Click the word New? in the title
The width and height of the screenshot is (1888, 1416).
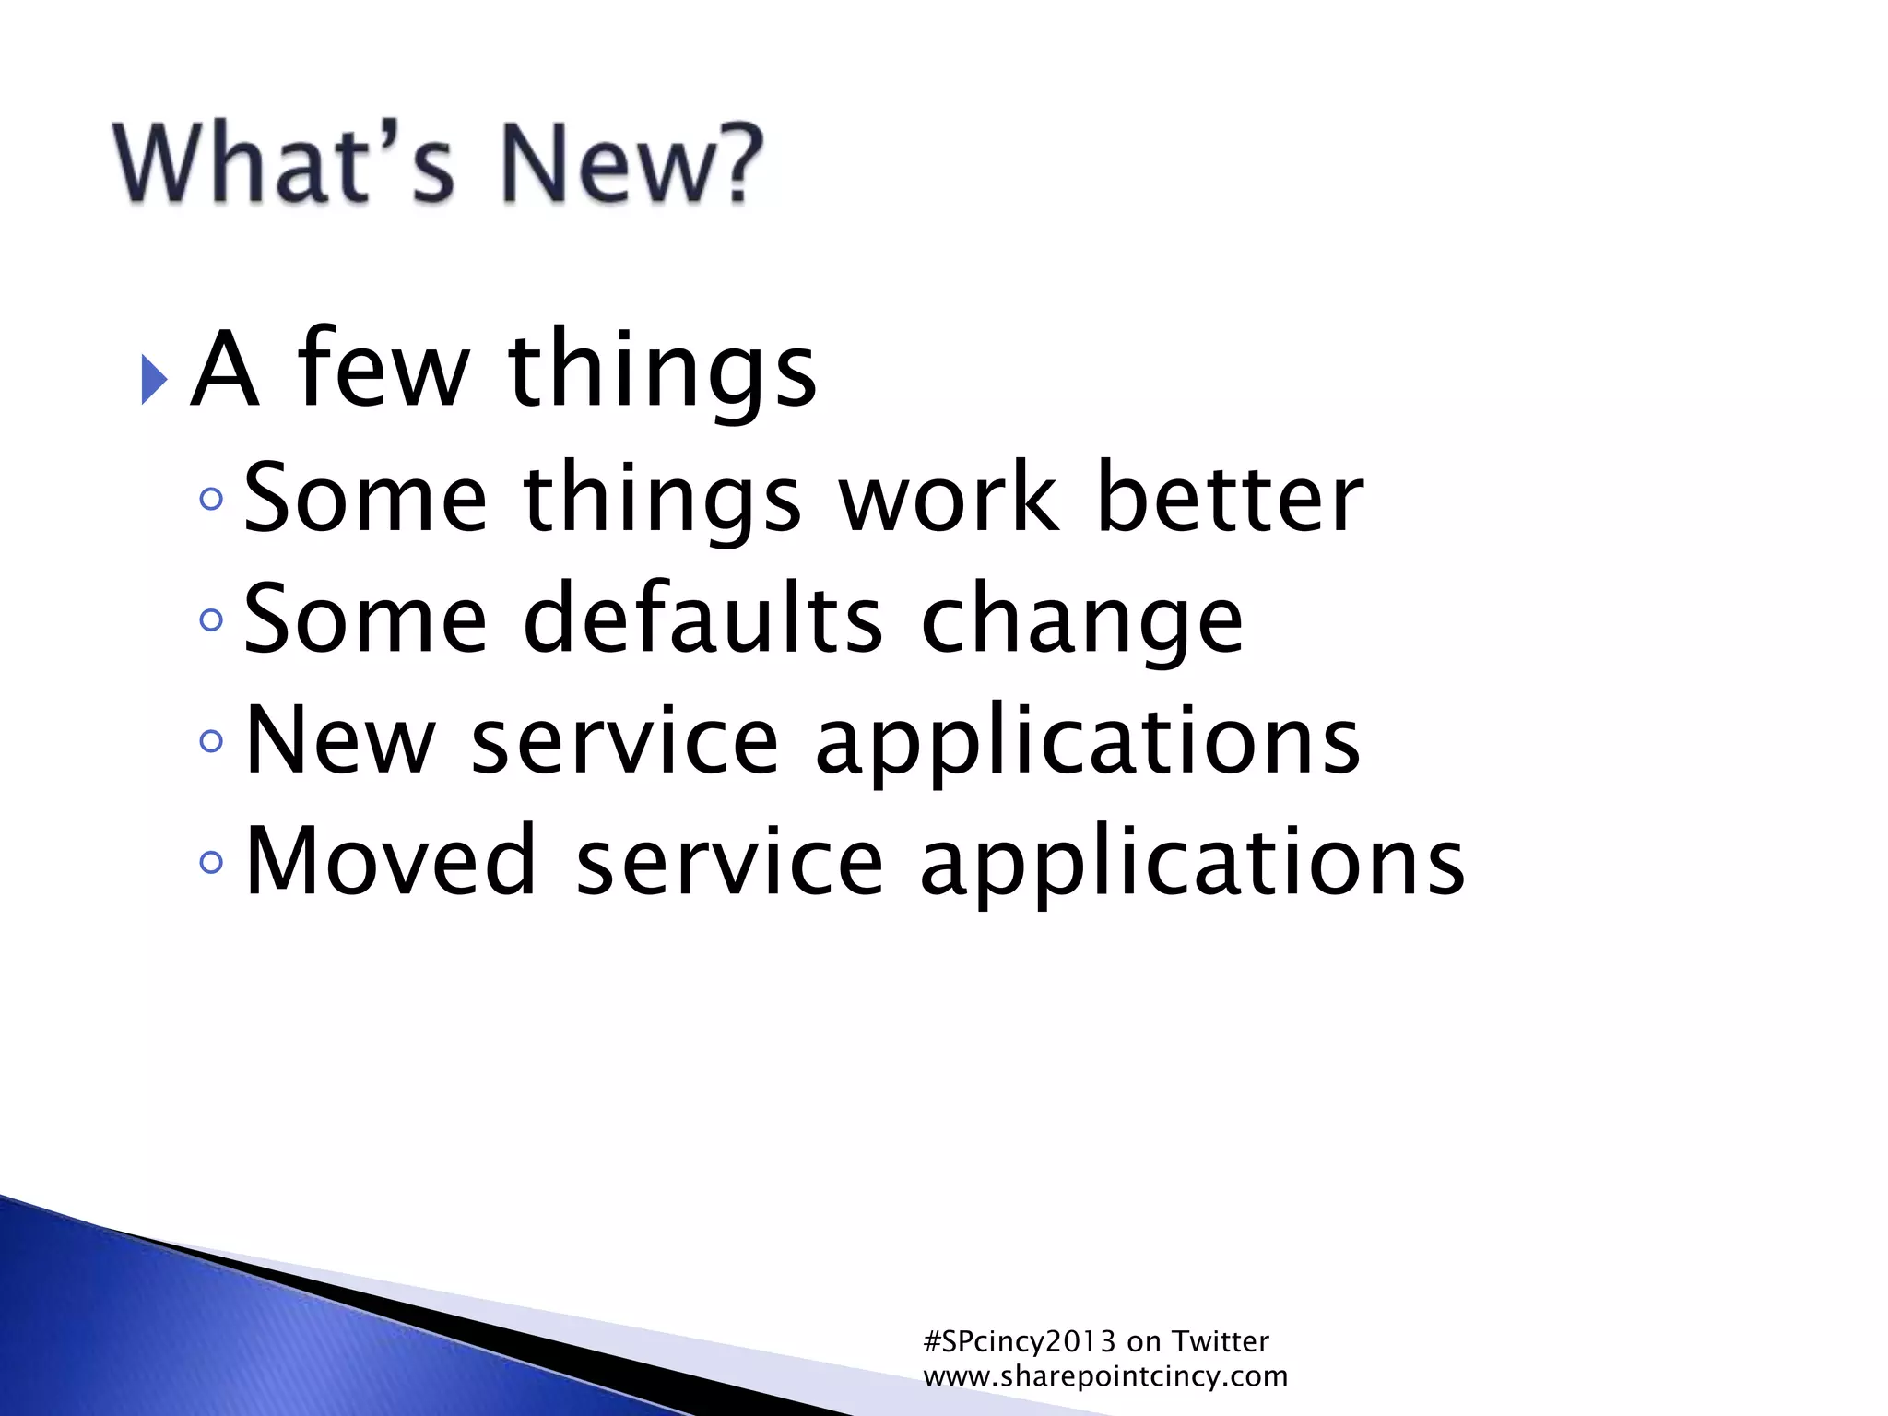click(632, 163)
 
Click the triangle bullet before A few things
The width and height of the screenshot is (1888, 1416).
click(154, 378)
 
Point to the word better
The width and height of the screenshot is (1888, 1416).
click(1230, 498)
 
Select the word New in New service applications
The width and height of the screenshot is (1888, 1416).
click(340, 740)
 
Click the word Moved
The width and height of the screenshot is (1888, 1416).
click(391, 861)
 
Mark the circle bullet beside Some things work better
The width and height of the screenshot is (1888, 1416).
click(211, 499)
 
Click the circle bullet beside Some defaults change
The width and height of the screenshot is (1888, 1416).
click(211, 619)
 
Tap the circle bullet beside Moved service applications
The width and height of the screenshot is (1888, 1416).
click(211, 862)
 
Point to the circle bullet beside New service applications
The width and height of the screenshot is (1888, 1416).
click(211, 740)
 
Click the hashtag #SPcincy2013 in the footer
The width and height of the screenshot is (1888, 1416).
click(1020, 1341)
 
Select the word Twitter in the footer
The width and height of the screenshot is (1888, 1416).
click(1220, 1341)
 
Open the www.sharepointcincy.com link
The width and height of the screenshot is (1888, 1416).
click(1105, 1376)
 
